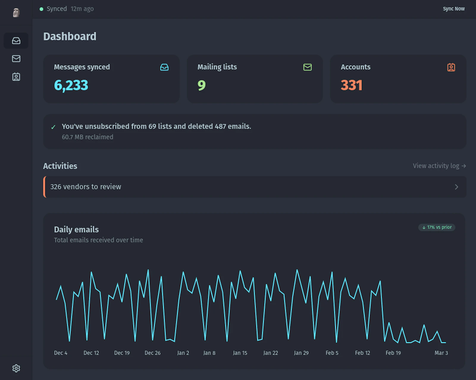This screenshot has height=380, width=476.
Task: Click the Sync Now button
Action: click(x=453, y=9)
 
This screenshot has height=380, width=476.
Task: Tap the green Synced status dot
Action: click(x=41, y=9)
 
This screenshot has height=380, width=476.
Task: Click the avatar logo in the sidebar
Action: click(x=16, y=12)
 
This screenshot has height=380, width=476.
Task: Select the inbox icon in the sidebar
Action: click(x=16, y=40)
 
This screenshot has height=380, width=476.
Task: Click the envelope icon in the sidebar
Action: click(x=16, y=59)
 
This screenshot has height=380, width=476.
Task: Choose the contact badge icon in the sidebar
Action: click(x=16, y=77)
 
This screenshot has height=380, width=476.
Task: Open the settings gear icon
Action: click(x=16, y=368)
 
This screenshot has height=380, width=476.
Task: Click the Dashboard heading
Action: click(x=70, y=37)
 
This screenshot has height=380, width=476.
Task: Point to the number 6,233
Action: click(x=71, y=85)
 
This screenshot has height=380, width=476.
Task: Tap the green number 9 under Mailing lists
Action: click(x=201, y=85)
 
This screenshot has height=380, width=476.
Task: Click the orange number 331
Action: click(x=351, y=85)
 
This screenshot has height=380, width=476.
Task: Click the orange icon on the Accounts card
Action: click(x=451, y=67)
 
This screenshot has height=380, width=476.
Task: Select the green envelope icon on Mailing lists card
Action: click(x=307, y=67)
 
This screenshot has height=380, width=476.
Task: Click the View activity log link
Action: click(x=439, y=166)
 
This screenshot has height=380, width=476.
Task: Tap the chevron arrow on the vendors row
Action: click(x=456, y=187)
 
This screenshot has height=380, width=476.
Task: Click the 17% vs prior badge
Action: click(x=437, y=227)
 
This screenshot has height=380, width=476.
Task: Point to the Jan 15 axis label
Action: click(x=240, y=353)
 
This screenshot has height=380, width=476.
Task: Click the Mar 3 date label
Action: click(x=441, y=353)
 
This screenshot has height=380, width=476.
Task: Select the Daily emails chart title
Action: click(x=76, y=230)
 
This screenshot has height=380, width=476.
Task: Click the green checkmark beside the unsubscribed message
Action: click(x=53, y=127)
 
